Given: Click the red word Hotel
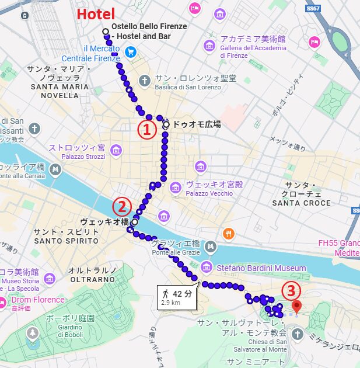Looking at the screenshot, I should click(x=96, y=15).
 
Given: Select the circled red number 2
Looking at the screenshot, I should click(x=121, y=206).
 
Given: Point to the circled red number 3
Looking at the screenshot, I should click(x=291, y=290).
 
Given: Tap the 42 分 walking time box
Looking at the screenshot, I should click(x=177, y=297).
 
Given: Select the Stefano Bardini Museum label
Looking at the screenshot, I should click(x=261, y=268).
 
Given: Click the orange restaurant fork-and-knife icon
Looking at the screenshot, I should click(x=228, y=234).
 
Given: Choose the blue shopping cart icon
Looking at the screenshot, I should click(x=131, y=52).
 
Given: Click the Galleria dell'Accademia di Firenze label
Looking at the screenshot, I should click(x=253, y=47).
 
